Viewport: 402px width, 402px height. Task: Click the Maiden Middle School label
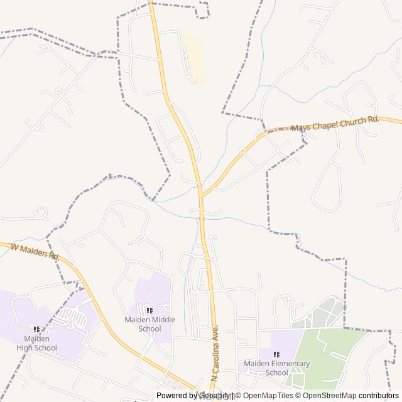[x=149, y=324]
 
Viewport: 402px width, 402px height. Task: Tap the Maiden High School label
[x=36, y=344]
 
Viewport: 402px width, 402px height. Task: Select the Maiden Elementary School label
[x=276, y=368]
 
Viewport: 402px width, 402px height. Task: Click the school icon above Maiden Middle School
[x=149, y=310]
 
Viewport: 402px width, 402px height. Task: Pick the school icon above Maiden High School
[x=36, y=329]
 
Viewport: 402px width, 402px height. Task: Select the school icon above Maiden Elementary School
[x=276, y=354]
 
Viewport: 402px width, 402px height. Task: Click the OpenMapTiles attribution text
[x=268, y=396]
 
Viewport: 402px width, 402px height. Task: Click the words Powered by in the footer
[x=177, y=396]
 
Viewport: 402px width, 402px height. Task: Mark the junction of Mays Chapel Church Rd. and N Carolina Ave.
[x=202, y=195]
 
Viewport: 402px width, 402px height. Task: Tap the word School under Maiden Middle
[x=149, y=329]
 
